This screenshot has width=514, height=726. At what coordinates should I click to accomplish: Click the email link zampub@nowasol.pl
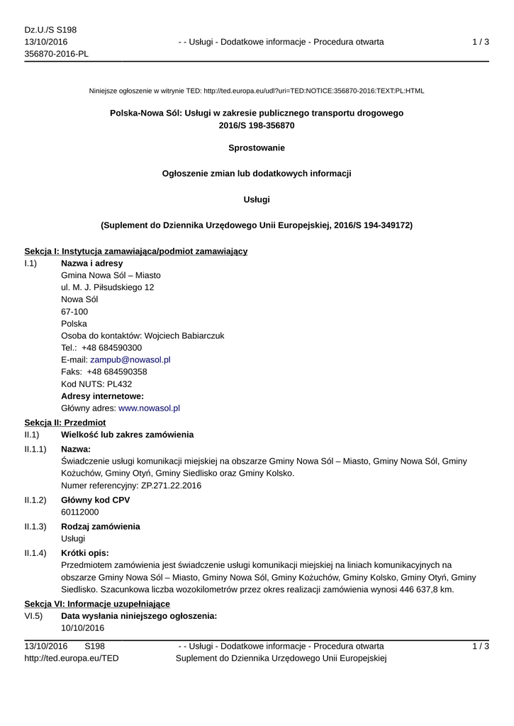(130, 359)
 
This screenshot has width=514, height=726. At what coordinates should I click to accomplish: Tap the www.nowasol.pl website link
(149, 408)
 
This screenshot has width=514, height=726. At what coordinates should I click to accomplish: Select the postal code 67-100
(74, 311)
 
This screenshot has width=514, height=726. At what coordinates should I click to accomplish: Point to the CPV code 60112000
(80, 512)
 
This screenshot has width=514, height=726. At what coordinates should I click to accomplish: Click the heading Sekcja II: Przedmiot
(65, 422)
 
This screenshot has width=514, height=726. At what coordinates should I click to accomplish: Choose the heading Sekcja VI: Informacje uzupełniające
(97, 603)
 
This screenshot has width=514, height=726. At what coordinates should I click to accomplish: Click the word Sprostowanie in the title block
(257, 147)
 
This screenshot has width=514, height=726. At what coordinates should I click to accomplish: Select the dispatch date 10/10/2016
(82, 628)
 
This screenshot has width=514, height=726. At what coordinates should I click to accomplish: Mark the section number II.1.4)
(35, 552)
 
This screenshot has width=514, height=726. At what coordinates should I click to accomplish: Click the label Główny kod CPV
(95, 500)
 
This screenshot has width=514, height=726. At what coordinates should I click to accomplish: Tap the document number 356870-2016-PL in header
(57, 54)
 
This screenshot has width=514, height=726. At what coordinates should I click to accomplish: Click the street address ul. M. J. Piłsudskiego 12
(108, 287)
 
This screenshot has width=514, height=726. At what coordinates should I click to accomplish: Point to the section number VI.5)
(33, 616)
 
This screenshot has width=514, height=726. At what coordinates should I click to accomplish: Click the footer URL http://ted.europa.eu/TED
(72, 658)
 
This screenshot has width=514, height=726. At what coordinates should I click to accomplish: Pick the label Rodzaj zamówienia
(101, 526)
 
